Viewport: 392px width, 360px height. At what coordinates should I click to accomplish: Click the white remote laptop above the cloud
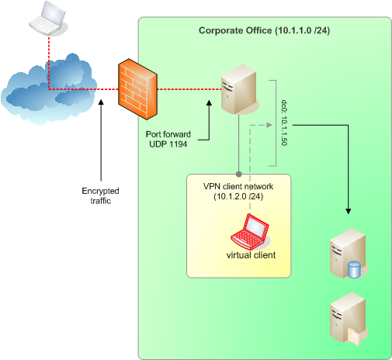pos(48,18)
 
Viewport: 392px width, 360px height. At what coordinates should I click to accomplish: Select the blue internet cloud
pos(49,89)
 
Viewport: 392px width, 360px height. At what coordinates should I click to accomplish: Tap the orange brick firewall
pos(137,89)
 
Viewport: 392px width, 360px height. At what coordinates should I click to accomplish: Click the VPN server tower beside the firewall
pos(240,89)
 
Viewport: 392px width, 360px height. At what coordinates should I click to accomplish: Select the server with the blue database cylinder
pos(349,254)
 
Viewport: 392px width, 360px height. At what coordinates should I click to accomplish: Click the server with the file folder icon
pos(349,319)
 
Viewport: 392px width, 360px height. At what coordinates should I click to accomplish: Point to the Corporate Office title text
pos(264,30)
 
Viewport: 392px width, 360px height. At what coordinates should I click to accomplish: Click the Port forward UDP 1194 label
pos(168,139)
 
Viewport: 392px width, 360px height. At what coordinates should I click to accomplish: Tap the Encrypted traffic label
pos(100,196)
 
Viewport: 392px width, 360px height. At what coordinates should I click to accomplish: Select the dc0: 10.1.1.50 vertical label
pos(284,123)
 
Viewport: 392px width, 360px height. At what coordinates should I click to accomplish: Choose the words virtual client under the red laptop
pos(251,255)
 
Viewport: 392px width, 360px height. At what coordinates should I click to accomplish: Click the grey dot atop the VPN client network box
pos(239,174)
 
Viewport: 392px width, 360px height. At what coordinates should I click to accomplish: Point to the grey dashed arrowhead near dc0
pos(269,125)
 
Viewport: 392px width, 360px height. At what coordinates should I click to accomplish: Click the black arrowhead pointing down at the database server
pos(349,211)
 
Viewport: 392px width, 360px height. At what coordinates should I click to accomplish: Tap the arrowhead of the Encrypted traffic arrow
pos(101,102)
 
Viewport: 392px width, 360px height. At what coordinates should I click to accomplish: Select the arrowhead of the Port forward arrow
pos(209,102)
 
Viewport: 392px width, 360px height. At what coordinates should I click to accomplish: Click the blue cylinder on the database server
pos(354,269)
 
